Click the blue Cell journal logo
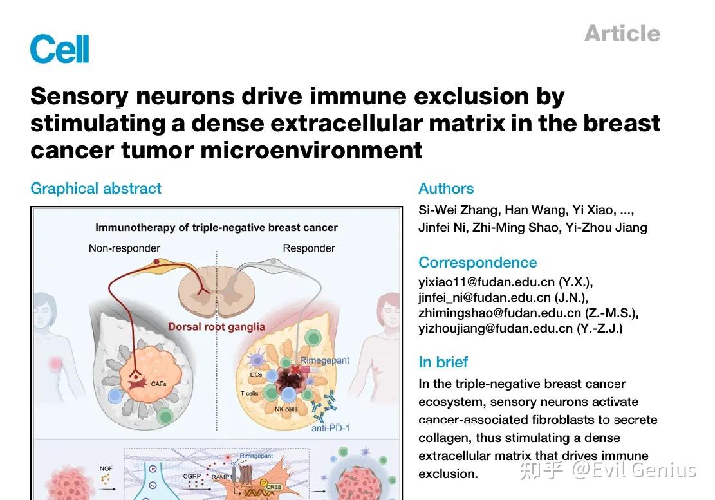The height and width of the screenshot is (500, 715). coord(59,50)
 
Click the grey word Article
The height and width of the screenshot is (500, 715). coord(622,33)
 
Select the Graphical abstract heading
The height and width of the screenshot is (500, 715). coord(96,189)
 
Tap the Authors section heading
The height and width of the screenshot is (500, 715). coord(446,189)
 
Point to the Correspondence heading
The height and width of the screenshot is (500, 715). coord(477,263)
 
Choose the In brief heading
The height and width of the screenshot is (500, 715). coord(443,362)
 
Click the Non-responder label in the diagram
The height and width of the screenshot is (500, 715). coord(124,248)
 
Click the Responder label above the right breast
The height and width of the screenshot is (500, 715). coord(309,248)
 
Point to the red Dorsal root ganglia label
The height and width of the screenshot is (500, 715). coord(216,327)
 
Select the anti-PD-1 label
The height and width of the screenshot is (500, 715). coord(331,427)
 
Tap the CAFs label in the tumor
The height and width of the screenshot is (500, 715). coord(158,384)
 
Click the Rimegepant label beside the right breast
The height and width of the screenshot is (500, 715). coord(325,361)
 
